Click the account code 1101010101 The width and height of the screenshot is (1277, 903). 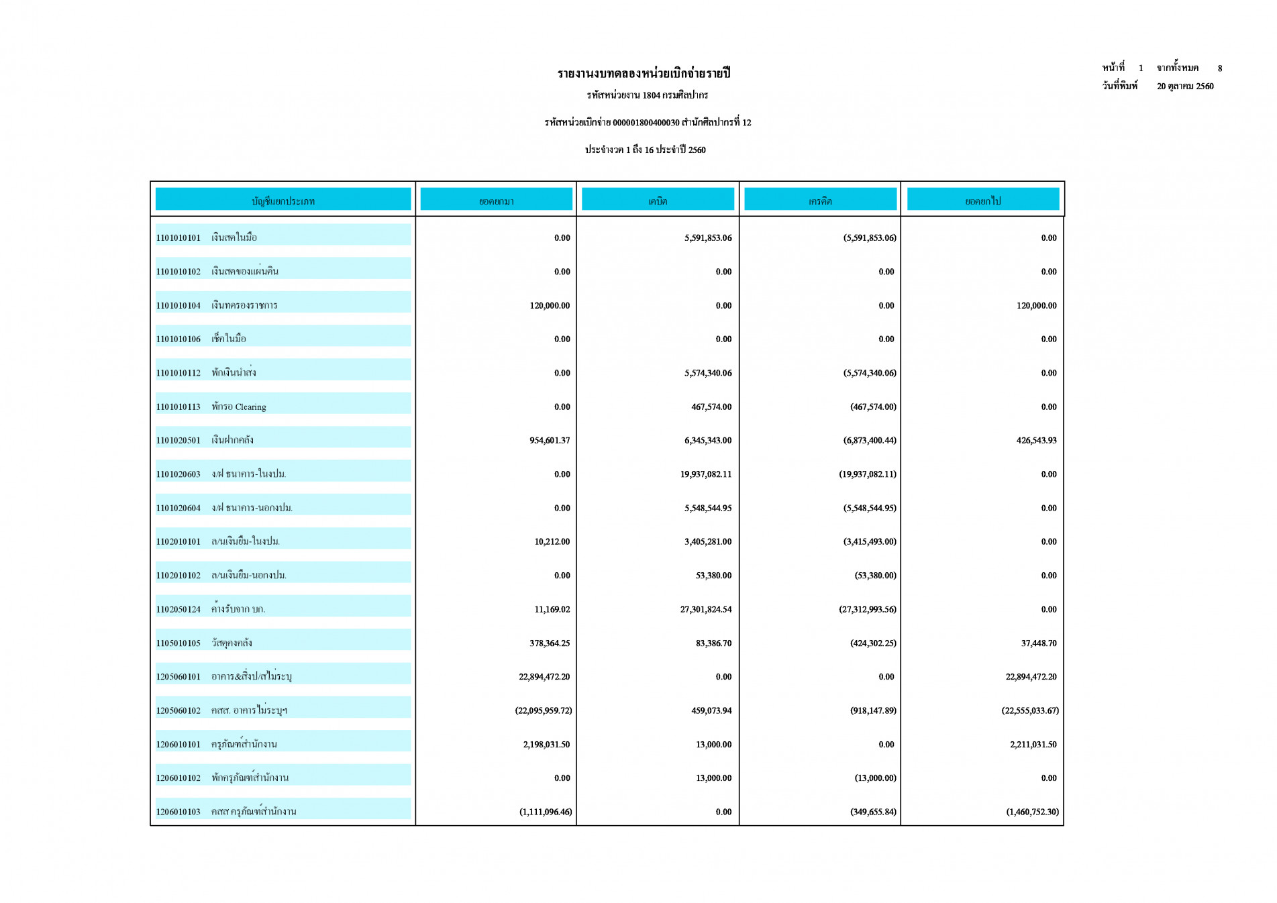[178, 237]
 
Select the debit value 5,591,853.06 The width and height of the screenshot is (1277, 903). [707, 237]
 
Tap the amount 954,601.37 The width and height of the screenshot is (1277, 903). [549, 440]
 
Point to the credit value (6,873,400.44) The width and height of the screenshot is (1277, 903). [869, 440]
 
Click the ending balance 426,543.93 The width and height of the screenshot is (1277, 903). [1035, 440]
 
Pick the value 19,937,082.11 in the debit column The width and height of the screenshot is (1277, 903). [705, 474]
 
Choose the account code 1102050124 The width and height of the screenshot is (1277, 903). [178, 609]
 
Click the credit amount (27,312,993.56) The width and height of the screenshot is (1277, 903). [867, 609]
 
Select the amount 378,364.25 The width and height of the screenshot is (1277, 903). [549, 643]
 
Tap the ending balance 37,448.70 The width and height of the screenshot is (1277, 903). [1038, 643]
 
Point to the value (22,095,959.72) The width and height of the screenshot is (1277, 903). [543, 710]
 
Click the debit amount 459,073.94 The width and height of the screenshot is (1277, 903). [711, 710]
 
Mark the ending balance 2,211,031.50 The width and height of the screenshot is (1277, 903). [1033, 744]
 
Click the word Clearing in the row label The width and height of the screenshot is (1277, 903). [250, 407]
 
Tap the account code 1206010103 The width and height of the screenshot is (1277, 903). [178, 812]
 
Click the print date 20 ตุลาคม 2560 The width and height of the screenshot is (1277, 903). [1184, 86]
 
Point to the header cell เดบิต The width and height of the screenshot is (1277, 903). [657, 201]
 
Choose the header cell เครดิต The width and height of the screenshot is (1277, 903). [819, 201]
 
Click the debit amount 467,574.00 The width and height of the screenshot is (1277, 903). [711, 407]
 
